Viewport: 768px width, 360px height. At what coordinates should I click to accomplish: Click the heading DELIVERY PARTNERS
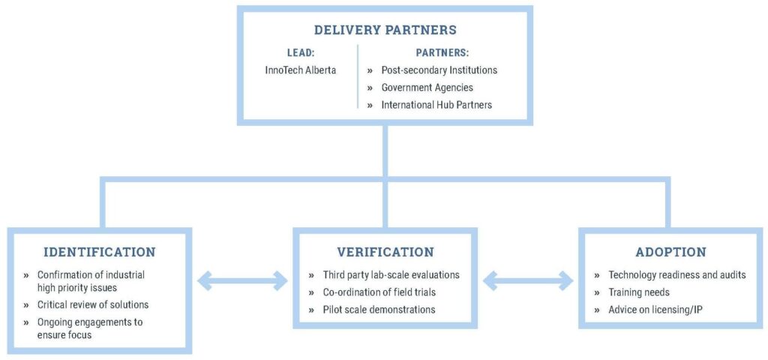pos(385,31)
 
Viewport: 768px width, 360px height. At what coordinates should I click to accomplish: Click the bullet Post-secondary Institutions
pos(439,70)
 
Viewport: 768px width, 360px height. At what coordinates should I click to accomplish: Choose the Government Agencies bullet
pos(427,87)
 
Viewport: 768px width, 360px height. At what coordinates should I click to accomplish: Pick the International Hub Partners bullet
pos(436,104)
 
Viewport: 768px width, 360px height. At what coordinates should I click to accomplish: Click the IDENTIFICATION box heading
pos(100,252)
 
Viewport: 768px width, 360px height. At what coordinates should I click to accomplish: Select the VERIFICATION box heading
pos(385,252)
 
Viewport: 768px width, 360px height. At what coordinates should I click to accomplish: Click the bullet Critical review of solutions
pos(93,304)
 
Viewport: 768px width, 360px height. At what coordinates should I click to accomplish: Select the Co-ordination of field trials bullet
pos(378,292)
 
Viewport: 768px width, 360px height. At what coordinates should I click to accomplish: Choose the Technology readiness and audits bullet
pos(677,274)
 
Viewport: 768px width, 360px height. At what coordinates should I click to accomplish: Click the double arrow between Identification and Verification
pos(242,282)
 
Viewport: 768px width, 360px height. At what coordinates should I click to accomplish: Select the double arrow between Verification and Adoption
pos(528,282)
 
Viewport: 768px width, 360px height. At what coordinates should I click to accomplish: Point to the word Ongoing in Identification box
pos(55,322)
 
